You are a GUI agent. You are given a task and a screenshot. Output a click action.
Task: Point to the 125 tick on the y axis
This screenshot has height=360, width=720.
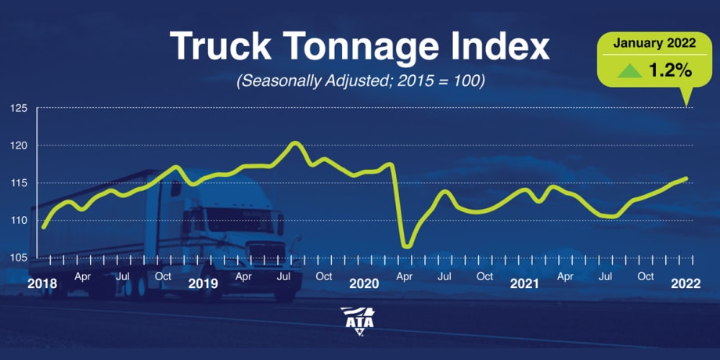[x=19, y=108]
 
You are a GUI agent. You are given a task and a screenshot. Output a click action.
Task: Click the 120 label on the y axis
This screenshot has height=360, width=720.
[x=19, y=146]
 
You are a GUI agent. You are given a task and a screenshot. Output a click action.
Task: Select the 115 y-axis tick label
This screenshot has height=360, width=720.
[x=19, y=183]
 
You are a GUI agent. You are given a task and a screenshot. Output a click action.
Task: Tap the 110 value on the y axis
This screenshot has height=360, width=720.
[x=19, y=221]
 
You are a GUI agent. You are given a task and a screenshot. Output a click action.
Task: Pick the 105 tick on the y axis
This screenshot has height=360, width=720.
[x=19, y=258]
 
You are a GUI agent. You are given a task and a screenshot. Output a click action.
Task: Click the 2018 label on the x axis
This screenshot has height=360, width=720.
[x=42, y=283]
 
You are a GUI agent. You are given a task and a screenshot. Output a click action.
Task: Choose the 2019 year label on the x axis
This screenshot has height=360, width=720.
[x=203, y=283]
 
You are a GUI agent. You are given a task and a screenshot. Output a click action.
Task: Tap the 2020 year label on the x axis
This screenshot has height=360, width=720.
[x=364, y=283]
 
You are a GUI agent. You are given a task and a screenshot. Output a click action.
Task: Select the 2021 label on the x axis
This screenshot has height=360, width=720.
[x=524, y=283]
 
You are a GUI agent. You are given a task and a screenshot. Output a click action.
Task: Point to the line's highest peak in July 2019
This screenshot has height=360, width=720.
[x=294, y=143]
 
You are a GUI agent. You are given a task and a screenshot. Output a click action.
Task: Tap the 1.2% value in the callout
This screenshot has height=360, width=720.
[x=671, y=70]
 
